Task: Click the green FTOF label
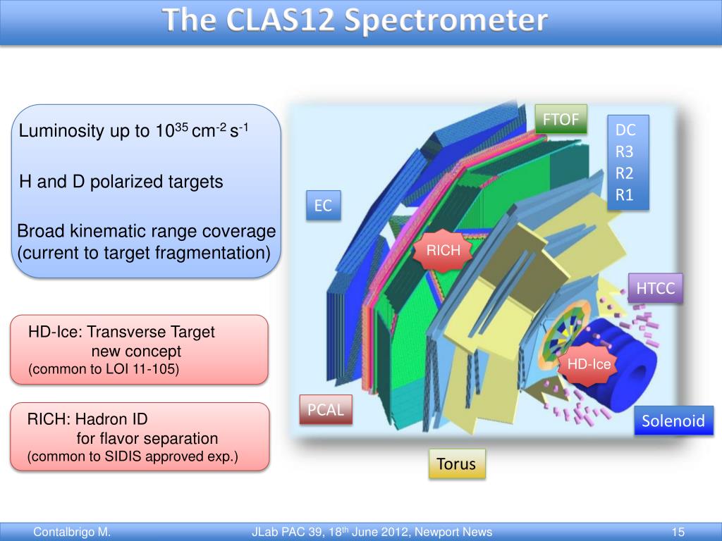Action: point(561,120)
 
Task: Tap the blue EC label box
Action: point(323,206)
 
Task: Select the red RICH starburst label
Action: point(443,250)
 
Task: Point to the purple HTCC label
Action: point(656,288)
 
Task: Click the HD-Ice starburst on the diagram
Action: point(589,364)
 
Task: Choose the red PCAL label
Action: point(325,410)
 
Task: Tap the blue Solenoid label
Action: point(673,421)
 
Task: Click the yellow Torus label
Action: point(456,464)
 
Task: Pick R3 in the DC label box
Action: point(625,151)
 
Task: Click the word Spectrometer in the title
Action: point(446,21)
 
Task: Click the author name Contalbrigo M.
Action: point(72,532)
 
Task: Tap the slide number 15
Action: point(679,532)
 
